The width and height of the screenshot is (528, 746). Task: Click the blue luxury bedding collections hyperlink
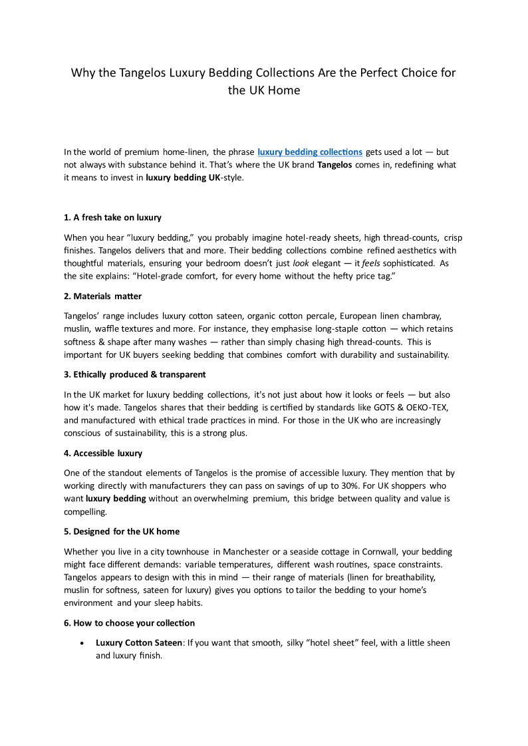(x=310, y=152)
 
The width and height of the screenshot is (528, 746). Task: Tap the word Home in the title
(x=285, y=90)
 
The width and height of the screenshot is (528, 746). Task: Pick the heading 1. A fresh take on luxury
(x=112, y=217)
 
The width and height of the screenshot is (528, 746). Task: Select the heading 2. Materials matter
(x=102, y=296)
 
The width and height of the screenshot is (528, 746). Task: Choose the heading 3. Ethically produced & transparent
(x=135, y=374)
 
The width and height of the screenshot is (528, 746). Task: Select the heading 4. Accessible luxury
(x=103, y=453)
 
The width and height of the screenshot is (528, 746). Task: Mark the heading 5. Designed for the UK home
(x=122, y=531)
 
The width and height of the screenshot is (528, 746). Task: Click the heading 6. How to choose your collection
(x=130, y=623)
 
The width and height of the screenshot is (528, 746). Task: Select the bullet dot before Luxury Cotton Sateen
(x=81, y=644)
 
